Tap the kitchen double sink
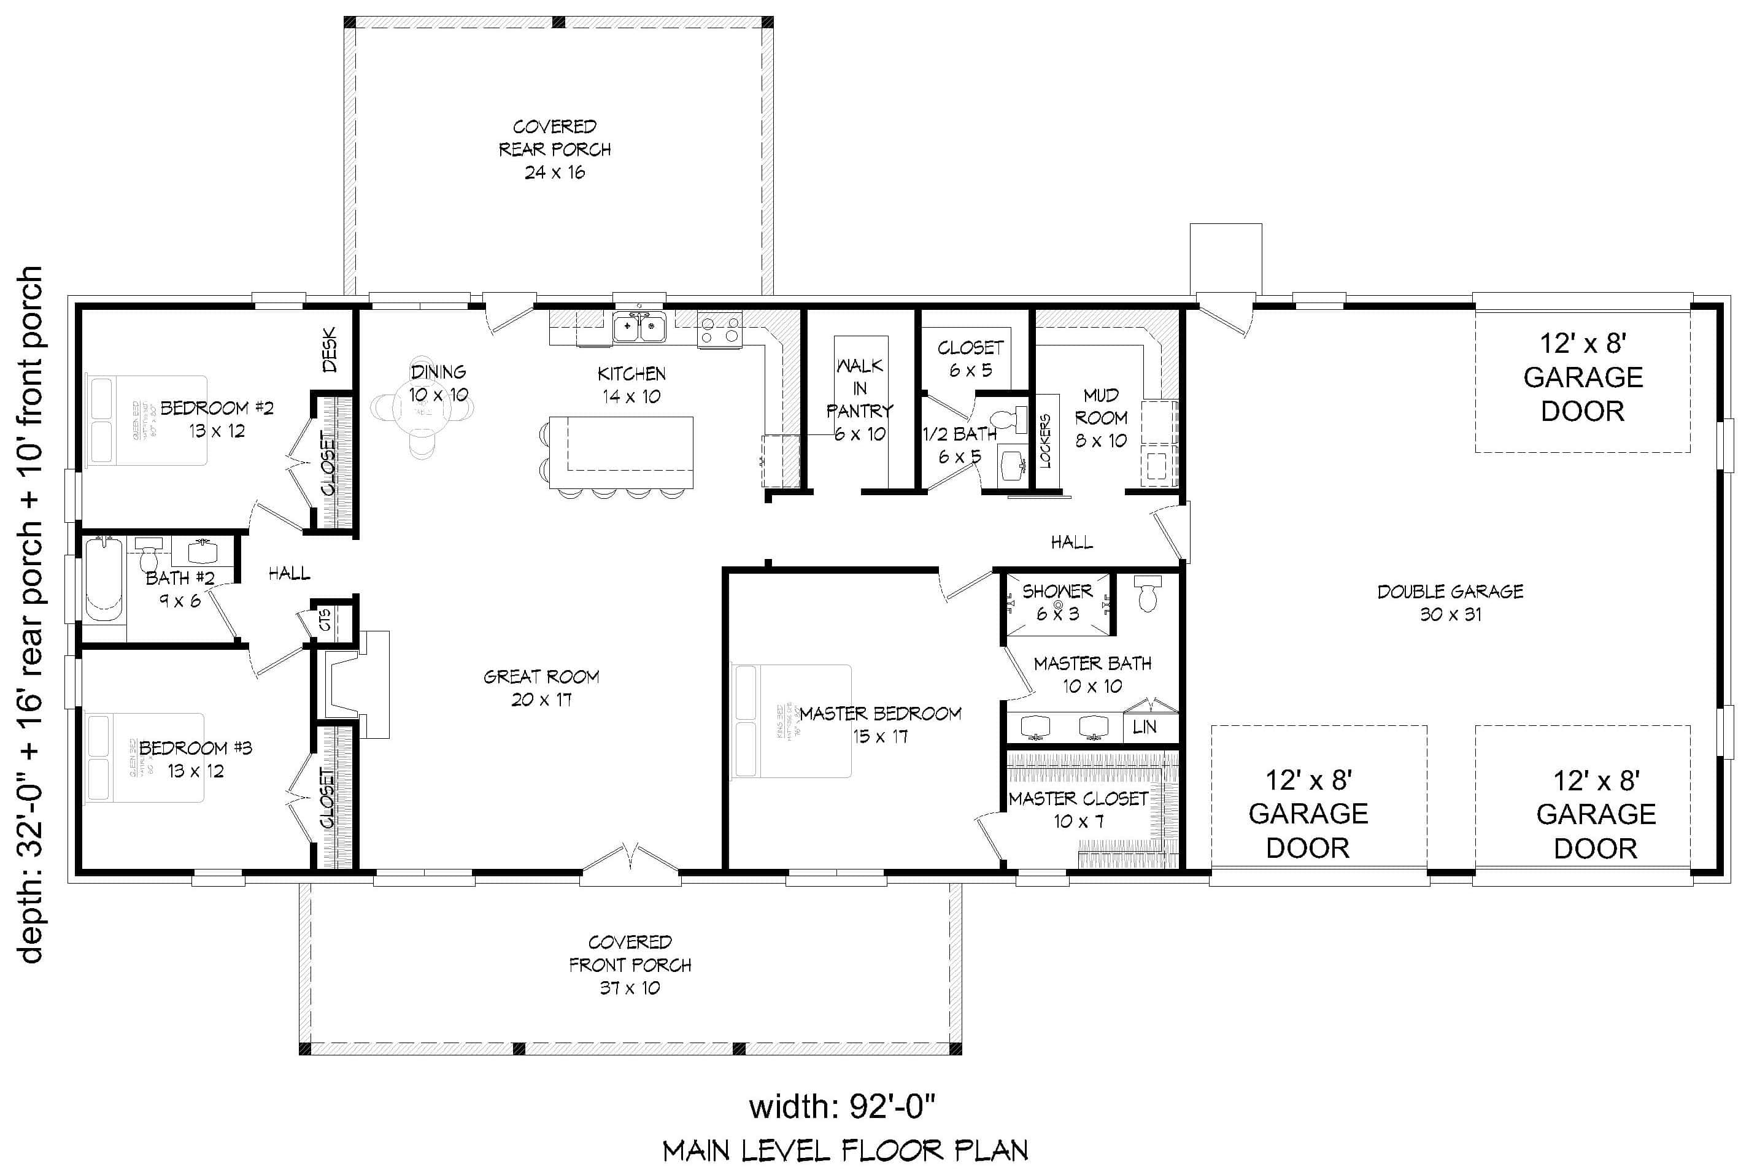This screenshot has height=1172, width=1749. tap(639, 328)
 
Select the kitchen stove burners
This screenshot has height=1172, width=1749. tap(720, 330)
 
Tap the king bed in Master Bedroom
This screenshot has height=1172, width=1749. tap(792, 721)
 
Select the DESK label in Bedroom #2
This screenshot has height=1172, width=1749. tap(330, 349)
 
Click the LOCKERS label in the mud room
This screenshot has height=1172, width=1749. tap(1045, 441)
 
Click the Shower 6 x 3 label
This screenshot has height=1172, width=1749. tap(1057, 603)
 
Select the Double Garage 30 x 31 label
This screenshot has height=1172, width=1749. tap(1450, 603)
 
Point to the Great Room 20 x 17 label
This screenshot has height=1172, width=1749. tap(541, 688)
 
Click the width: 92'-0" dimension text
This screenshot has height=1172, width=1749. tap(843, 1107)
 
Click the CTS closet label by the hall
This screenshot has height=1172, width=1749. tap(325, 619)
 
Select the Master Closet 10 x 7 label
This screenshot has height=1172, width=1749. tap(1078, 810)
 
